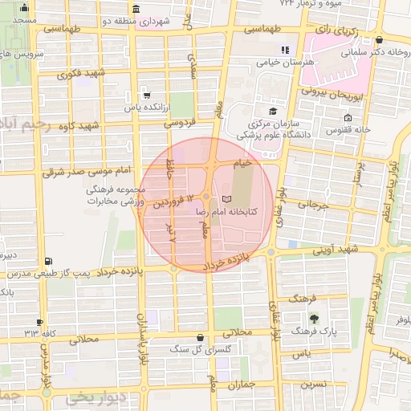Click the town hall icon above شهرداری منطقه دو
tap(135, 9)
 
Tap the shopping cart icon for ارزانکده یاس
tap(144, 93)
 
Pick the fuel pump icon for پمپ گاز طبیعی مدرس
tap(50, 261)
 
